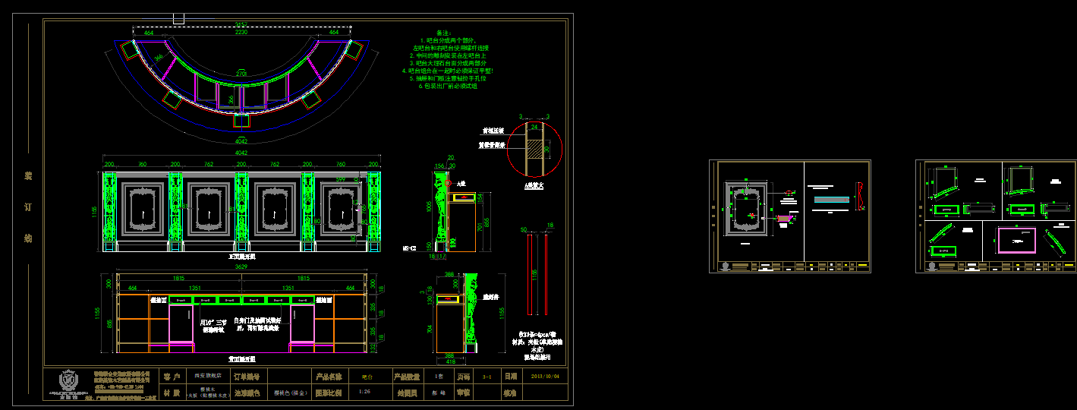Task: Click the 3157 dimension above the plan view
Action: coord(241,25)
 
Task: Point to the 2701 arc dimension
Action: coord(241,73)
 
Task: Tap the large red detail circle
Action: coord(534,148)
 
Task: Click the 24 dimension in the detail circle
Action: coord(534,128)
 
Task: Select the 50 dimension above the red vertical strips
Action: coord(524,229)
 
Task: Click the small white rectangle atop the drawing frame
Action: coord(179,18)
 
